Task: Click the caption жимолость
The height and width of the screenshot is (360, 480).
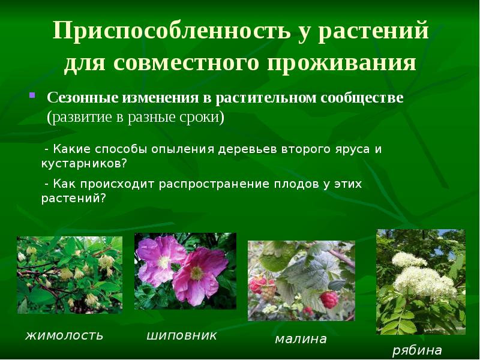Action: [65, 335]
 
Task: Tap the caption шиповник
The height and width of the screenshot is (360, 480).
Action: [182, 335]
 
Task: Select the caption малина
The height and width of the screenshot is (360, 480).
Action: [301, 339]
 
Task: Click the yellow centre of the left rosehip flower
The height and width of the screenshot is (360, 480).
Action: [163, 262]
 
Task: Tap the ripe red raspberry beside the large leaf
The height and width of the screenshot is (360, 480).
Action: [328, 298]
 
